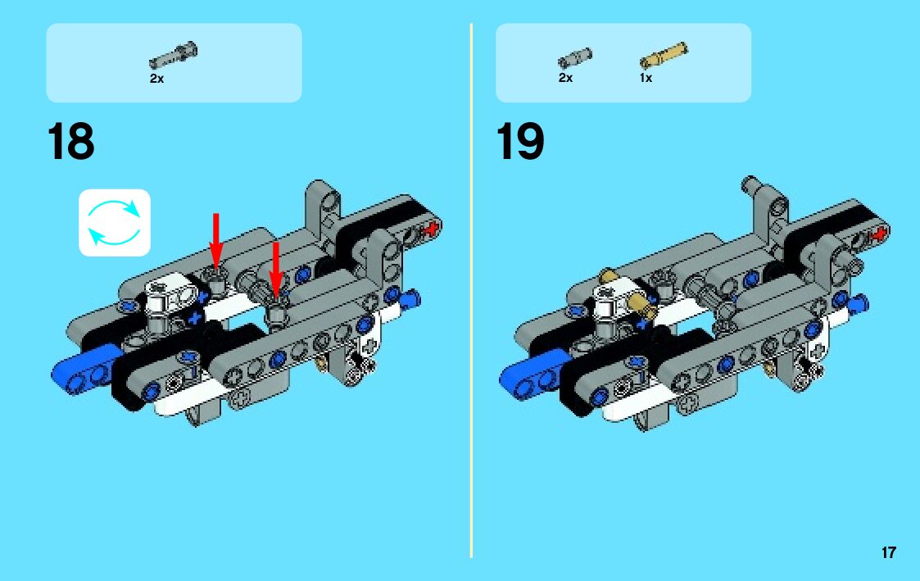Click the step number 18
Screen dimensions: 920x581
tap(71, 142)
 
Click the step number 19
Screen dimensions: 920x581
tap(520, 142)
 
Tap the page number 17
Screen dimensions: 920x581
tap(888, 552)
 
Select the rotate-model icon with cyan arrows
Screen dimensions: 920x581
tap(115, 223)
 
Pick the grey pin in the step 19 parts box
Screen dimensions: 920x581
tap(575, 58)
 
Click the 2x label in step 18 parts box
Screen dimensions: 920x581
tap(156, 79)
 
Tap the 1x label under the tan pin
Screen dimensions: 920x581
tap(646, 78)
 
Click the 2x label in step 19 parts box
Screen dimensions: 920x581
tap(565, 78)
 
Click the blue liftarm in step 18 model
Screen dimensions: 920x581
tap(82, 368)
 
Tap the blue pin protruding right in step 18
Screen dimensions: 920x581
tap(410, 296)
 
